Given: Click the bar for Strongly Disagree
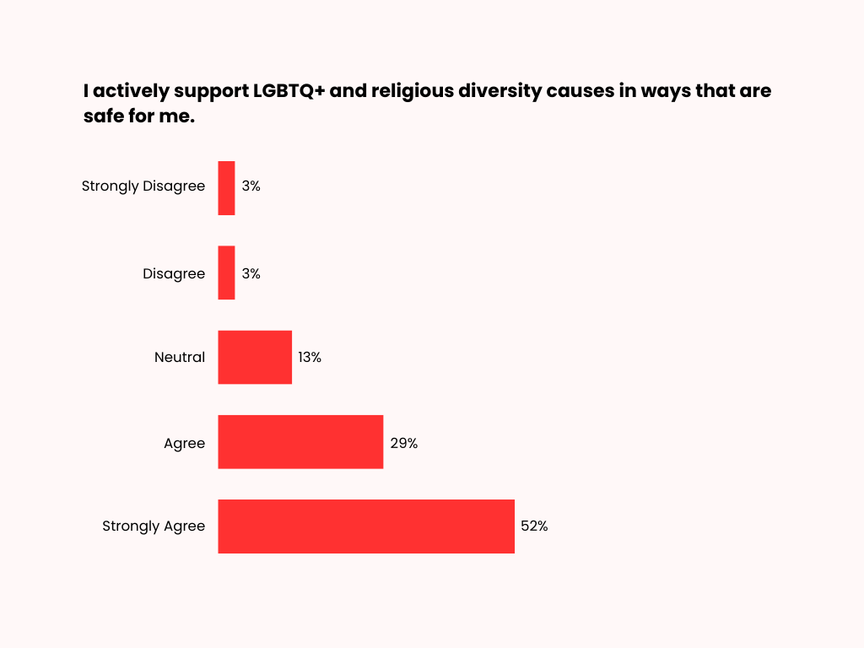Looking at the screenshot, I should [x=226, y=188].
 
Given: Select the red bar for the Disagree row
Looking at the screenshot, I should [x=226, y=273].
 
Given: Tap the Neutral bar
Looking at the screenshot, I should [x=255, y=357].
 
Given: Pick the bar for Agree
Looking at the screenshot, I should [x=300, y=441].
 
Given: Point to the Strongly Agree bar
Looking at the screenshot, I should [x=366, y=526].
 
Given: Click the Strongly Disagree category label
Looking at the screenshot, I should [x=143, y=186].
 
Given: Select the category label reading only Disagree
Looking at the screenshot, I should [x=174, y=273].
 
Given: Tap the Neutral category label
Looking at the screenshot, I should [x=180, y=357].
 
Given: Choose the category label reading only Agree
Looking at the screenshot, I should [x=185, y=442].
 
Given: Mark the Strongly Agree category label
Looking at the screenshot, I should [x=154, y=526].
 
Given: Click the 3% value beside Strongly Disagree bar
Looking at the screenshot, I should [x=251, y=186].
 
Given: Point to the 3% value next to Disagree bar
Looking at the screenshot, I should [x=251, y=273].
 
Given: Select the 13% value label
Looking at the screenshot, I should [x=310, y=357].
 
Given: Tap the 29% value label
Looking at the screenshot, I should [x=403, y=442].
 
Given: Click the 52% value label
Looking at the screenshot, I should [x=534, y=526].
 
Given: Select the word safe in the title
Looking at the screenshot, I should [x=101, y=116].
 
